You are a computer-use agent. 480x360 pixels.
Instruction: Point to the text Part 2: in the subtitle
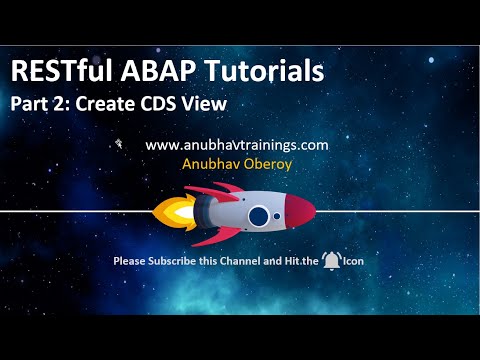37,104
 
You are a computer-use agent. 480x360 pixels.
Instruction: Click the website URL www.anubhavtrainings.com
237,145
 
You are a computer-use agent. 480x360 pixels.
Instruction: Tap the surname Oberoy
267,163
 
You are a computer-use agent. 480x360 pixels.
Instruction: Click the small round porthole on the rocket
279,212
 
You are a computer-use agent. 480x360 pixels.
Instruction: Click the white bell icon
330,262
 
